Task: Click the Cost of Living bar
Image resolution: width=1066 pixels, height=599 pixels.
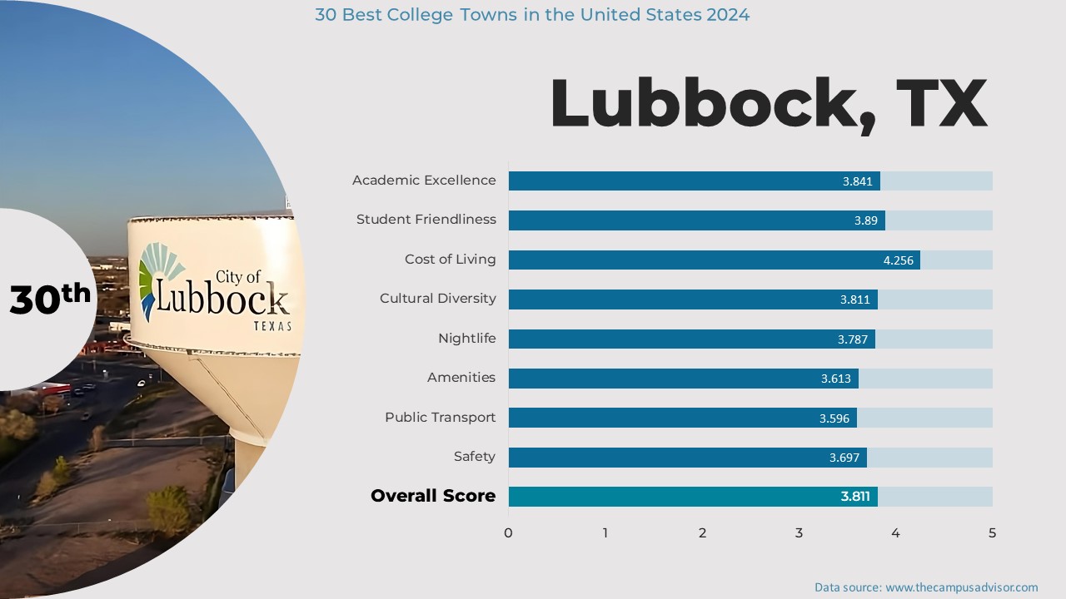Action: (x=714, y=260)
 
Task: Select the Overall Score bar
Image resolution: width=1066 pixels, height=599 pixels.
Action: (x=692, y=497)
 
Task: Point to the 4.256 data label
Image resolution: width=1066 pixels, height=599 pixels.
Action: (x=898, y=260)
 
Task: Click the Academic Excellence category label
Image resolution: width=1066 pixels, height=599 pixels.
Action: (x=423, y=181)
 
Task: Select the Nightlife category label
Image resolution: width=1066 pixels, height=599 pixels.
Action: (x=466, y=339)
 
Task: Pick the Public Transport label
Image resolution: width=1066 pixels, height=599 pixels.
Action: (x=440, y=418)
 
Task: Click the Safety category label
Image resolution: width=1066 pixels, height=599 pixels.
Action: (x=474, y=457)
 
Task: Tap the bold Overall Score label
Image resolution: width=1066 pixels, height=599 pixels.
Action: (x=432, y=497)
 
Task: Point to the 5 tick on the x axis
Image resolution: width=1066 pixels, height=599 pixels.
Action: (x=992, y=533)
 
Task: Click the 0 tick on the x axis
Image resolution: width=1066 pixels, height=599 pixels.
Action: (x=508, y=533)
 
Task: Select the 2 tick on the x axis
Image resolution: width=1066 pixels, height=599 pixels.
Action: (x=702, y=533)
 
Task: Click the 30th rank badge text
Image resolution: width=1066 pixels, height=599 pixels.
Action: (x=49, y=299)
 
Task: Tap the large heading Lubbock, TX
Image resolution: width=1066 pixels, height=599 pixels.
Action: (x=768, y=103)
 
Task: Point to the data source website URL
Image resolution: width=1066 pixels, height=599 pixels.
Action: (x=961, y=587)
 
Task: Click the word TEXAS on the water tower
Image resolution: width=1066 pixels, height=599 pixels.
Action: (x=272, y=326)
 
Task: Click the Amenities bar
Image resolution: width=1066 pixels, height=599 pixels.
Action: (x=683, y=379)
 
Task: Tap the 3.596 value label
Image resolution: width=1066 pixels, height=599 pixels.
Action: (x=834, y=418)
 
